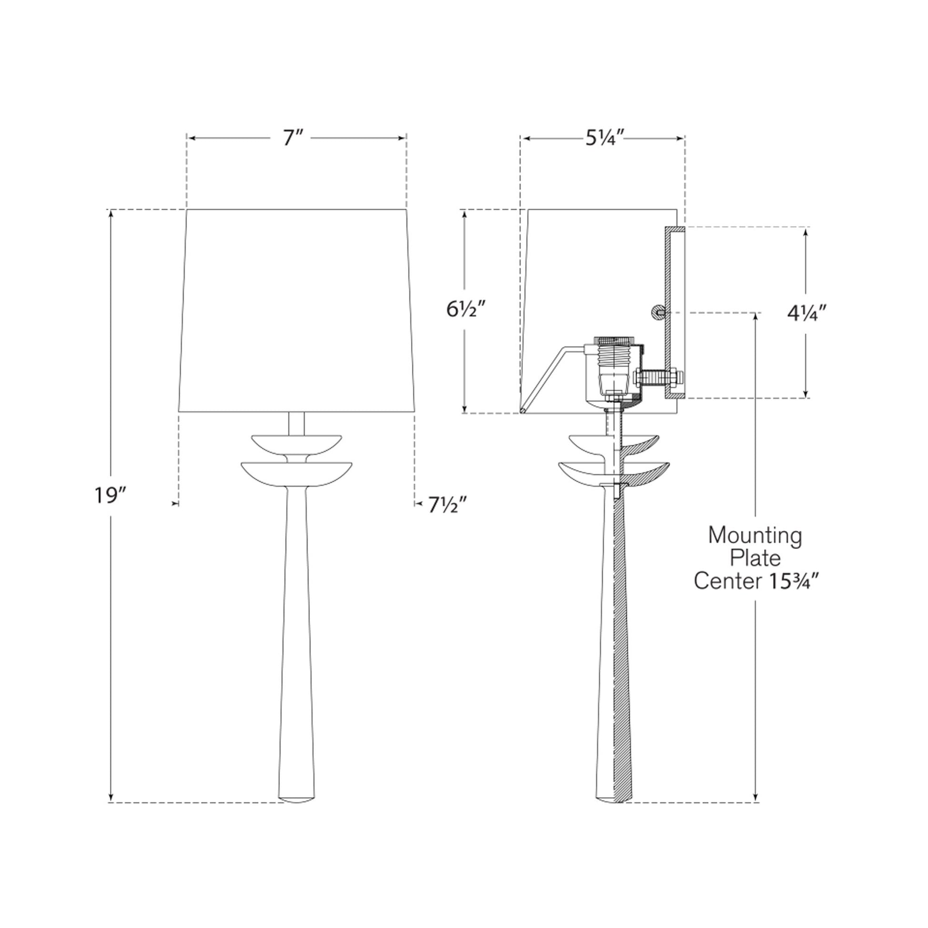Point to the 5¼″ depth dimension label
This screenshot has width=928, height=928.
click(604, 138)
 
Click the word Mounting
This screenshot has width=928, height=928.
click(755, 536)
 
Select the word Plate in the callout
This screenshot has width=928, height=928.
click(755, 558)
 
